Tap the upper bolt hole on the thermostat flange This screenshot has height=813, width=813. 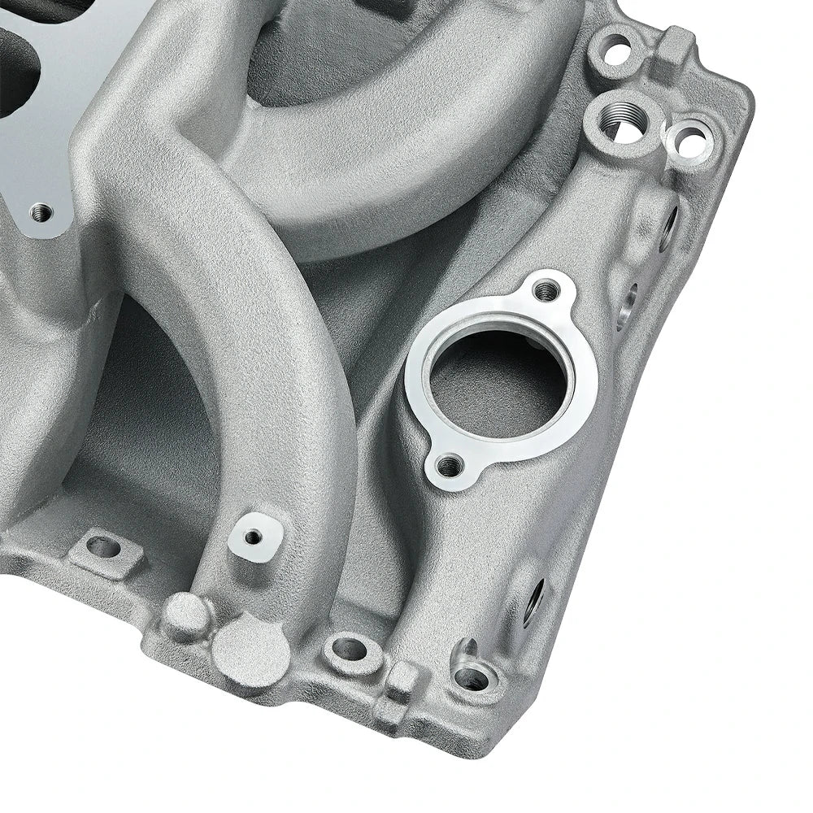[x=547, y=288]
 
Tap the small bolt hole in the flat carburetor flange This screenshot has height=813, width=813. [x=41, y=214]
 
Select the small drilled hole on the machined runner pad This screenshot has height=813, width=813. [x=254, y=537]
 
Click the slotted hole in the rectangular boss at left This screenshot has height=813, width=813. [x=103, y=547]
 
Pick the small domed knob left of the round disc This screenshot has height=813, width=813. [x=185, y=615]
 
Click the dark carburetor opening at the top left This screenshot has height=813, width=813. [x=16, y=73]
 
